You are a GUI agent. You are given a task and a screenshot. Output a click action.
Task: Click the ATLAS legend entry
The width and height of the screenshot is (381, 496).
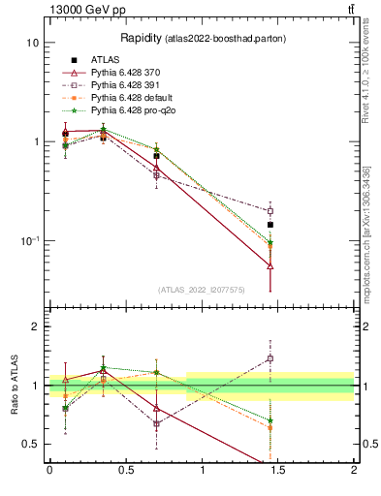(103, 60)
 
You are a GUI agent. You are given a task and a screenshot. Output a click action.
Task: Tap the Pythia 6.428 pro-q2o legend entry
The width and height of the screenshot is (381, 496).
(131, 110)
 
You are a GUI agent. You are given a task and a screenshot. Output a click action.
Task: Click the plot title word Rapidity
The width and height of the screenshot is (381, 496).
(141, 38)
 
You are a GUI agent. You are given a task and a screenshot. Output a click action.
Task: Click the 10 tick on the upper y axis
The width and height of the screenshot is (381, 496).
(32, 44)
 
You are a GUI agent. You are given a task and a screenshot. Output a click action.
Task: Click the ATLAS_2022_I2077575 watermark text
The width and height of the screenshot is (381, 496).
(200, 290)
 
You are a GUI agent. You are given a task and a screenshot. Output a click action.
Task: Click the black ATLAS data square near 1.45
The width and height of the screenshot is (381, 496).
(270, 225)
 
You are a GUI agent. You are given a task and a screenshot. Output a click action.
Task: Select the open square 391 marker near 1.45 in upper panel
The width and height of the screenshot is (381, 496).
(270, 210)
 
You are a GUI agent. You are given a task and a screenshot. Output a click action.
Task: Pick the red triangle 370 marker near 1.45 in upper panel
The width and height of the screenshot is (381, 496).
(270, 265)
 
